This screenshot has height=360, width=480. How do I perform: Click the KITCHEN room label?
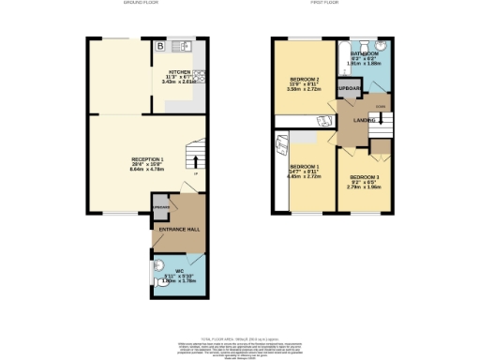coord(179,71)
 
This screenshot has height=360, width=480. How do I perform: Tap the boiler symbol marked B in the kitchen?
coord(160,46)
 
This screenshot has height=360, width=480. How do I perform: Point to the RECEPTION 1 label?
coord(147,159)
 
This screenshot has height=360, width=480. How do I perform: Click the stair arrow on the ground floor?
coord(195,164)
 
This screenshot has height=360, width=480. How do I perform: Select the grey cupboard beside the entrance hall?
coord(161,208)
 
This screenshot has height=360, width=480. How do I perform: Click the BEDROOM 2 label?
coord(305,79)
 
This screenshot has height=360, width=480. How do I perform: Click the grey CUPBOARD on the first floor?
coord(350,90)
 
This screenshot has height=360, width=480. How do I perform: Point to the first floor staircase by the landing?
coord(383,121)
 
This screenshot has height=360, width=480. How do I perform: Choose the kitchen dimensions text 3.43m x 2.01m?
coord(179,82)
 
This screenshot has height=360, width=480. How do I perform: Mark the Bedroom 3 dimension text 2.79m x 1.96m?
coord(366,187)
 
